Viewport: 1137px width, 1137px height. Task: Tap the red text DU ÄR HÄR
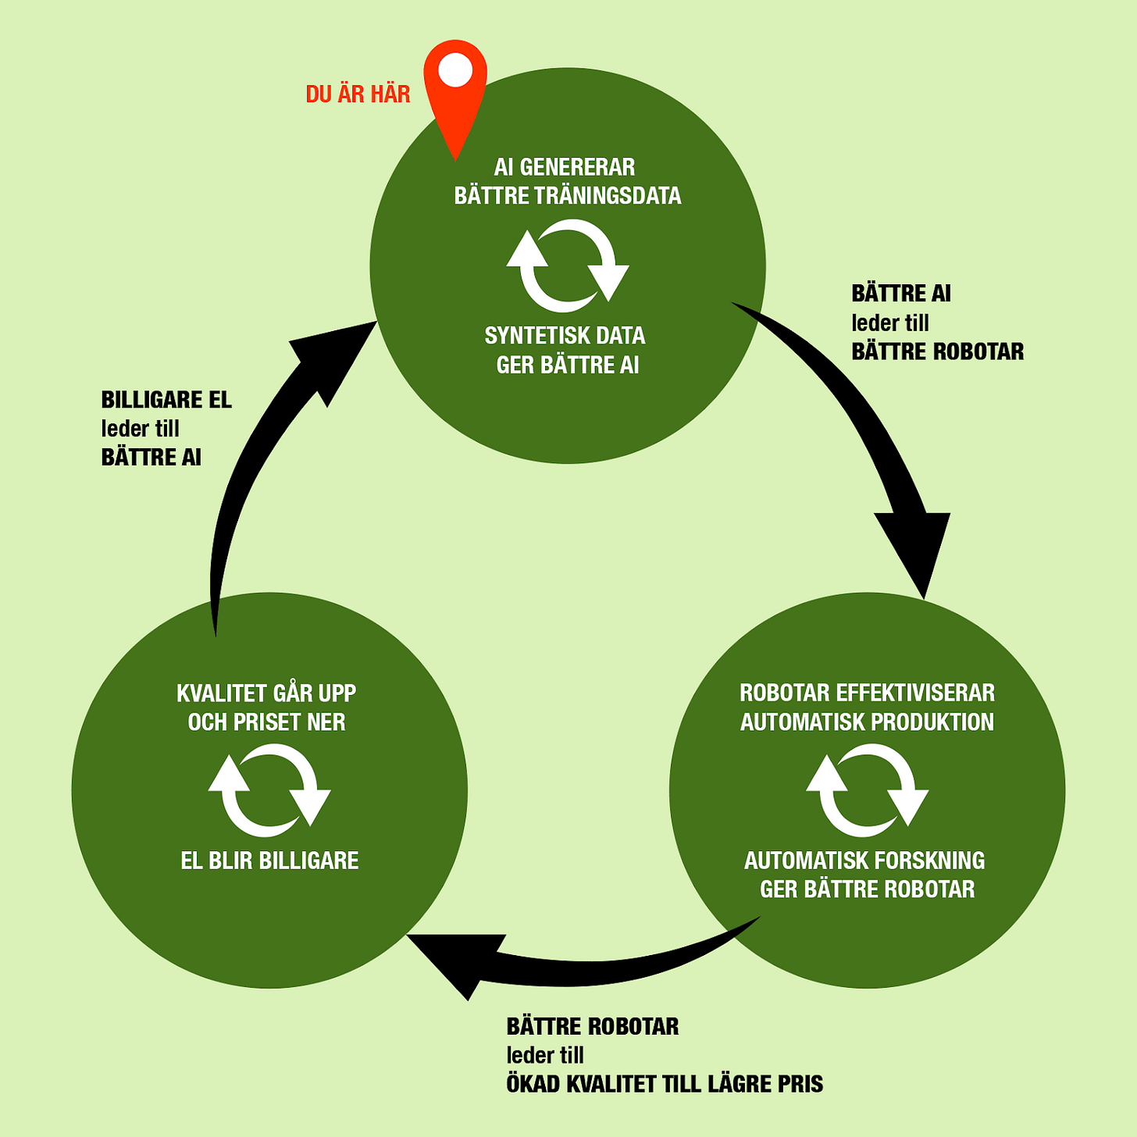pos(358,94)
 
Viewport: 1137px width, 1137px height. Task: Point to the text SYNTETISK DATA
pos(565,336)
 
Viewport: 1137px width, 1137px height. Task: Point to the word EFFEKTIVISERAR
pos(915,693)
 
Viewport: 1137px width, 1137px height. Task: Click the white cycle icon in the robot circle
pos(867,789)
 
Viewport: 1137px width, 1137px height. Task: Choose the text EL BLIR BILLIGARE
pos(269,861)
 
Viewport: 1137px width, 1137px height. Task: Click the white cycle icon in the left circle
pos(269,789)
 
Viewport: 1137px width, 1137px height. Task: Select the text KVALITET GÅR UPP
pos(266,693)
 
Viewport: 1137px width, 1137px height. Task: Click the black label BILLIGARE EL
pos(166,400)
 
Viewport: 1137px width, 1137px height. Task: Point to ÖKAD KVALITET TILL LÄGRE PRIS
pos(665,1084)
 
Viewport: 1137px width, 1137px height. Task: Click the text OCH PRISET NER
pos(266,722)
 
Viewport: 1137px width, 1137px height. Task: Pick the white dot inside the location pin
pos(455,71)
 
